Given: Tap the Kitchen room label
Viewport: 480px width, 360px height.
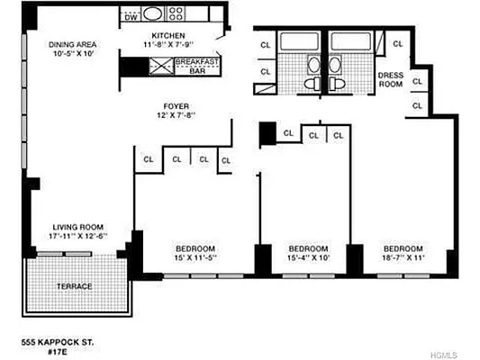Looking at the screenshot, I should point(168,34).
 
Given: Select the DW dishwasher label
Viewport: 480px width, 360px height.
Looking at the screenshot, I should point(131,16).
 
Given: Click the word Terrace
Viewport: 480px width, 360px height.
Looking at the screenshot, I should point(76,286).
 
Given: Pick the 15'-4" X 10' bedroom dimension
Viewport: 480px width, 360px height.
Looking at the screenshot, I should point(308,258).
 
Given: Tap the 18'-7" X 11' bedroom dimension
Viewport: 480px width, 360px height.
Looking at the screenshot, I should point(403,258).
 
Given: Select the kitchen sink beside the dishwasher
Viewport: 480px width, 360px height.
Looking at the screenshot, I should point(151,15).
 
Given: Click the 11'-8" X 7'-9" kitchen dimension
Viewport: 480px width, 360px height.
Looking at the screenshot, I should point(168,43).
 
